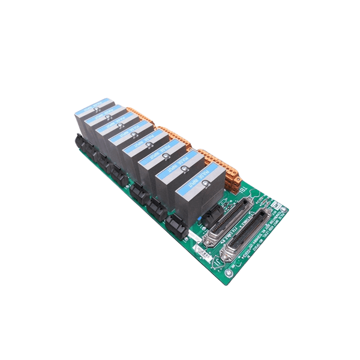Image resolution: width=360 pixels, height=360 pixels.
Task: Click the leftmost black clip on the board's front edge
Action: pos(80,143)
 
